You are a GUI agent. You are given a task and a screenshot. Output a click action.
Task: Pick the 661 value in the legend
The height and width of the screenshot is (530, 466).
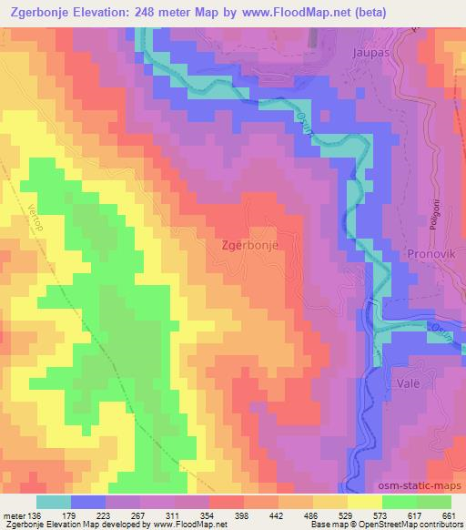(449, 515)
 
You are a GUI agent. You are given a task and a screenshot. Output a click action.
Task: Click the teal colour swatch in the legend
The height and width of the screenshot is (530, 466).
(54, 502)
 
